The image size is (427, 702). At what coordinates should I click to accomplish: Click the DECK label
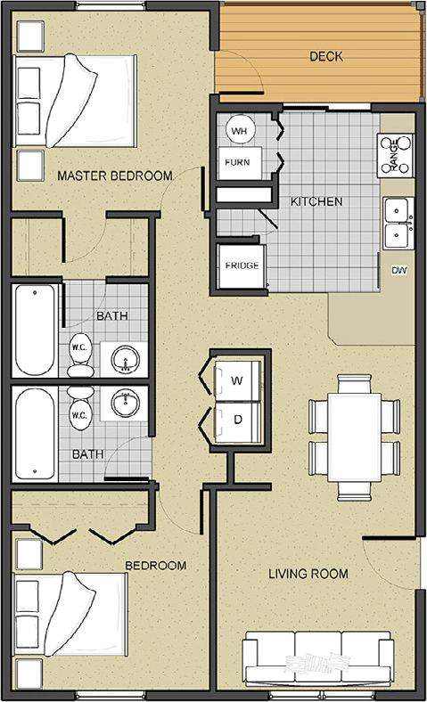tap(325, 56)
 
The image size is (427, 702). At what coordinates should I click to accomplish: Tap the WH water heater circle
tap(239, 131)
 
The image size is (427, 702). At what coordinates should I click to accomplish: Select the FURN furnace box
tap(240, 163)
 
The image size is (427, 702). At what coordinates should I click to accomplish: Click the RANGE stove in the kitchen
tap(395, 156)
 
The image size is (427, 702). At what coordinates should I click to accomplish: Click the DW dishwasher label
tap(398, 270)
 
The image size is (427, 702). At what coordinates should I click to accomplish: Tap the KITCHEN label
tap(316, 201)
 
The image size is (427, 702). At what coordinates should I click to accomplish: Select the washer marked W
tap(237, 380)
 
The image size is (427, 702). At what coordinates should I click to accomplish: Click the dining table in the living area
tap(354, 437)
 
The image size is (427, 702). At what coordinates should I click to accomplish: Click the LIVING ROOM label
tap(308, 574)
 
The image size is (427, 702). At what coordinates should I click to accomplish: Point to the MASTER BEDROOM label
tap(115, 175)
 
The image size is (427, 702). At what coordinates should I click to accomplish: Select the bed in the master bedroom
tap(75, 101)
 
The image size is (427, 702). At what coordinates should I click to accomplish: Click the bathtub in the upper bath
tap(35, 331)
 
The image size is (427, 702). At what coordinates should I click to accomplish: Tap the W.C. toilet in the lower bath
tap(80, 408)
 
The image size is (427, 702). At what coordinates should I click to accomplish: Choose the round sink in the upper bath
tap(125, 359)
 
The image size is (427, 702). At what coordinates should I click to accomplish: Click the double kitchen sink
tap(398, 223)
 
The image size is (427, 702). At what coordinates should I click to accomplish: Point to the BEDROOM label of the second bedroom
tap(155, 566)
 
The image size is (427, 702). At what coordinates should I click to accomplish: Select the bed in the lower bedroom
tap(70, 615)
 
